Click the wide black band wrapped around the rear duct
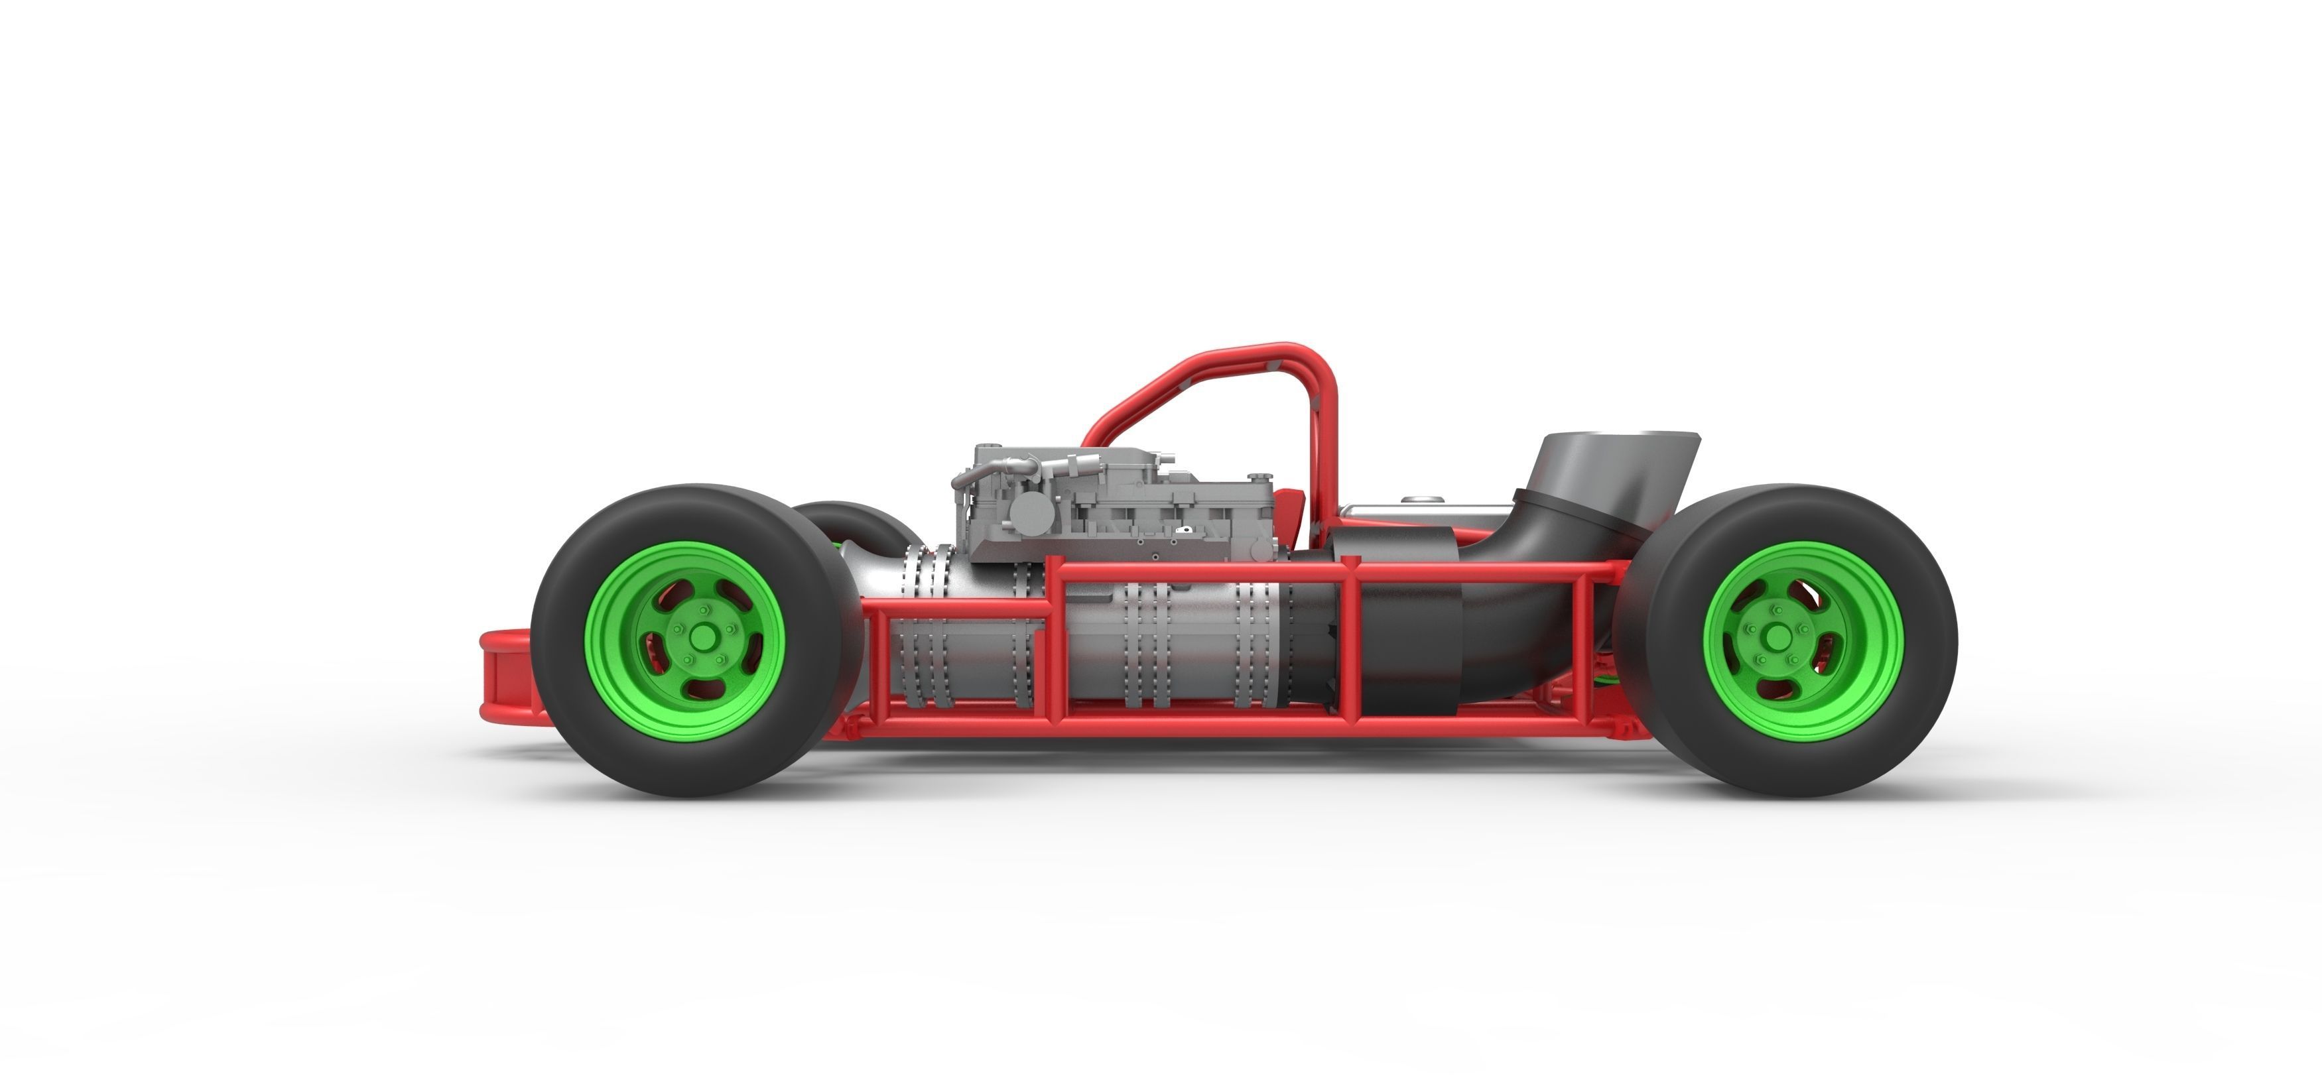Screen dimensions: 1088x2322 click(x=1406, y=631)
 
